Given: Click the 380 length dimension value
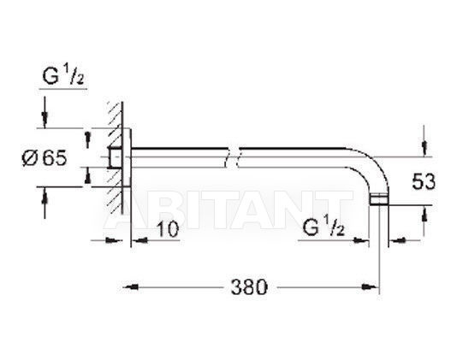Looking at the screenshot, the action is (x=249, y=287).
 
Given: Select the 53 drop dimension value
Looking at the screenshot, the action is (x=423, y=182).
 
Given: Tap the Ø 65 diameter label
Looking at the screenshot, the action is (x=45, y=158).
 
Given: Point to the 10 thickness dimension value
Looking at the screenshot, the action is (x=168, y=229).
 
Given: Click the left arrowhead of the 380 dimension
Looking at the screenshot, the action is (x=131, y=287).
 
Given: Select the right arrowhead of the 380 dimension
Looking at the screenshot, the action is (x=369, y=287).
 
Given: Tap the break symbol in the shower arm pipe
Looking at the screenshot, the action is (x=232, y=157).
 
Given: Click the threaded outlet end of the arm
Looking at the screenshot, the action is (x=379, y=200).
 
